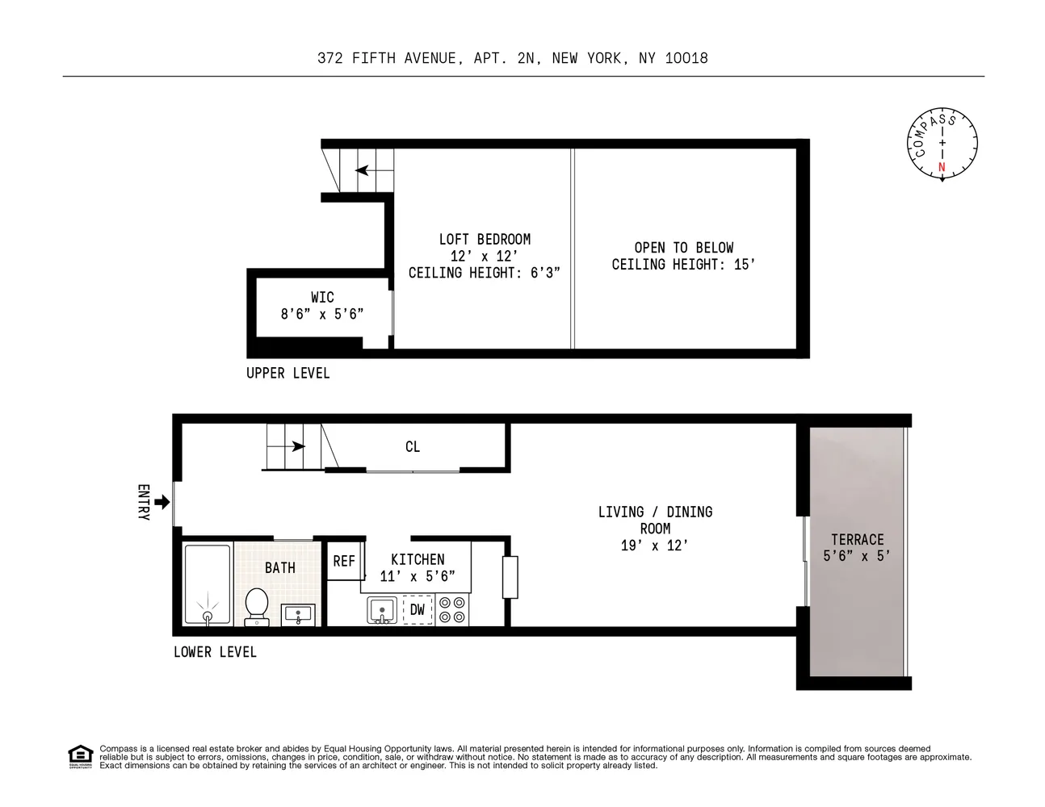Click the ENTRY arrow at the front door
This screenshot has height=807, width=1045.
pos(162,502)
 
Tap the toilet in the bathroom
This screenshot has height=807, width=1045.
pos(257,605)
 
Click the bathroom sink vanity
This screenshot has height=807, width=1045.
pos(298,614)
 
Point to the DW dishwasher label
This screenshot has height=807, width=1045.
pos(417,610)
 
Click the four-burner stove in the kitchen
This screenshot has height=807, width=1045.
pos(452,609)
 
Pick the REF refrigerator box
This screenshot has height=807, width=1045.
pos(344,561)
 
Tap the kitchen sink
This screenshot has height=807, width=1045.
pos(380,609)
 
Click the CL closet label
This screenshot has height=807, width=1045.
pos(413,447)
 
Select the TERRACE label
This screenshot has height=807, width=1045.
pos(857,540)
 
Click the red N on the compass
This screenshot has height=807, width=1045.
pos(942,168)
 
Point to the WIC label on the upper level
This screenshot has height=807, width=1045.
pos(322,298)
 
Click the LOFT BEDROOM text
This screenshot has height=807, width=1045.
pos(485,240)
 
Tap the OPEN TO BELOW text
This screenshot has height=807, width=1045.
pos(683,248)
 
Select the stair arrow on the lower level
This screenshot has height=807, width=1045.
pos(297,446)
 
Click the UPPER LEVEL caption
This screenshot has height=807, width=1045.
pos(288,373)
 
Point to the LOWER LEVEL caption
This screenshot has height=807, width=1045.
pos(215,652)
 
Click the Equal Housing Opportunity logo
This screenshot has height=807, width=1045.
pos(80,756)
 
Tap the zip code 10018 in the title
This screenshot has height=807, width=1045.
pos(686,58)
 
